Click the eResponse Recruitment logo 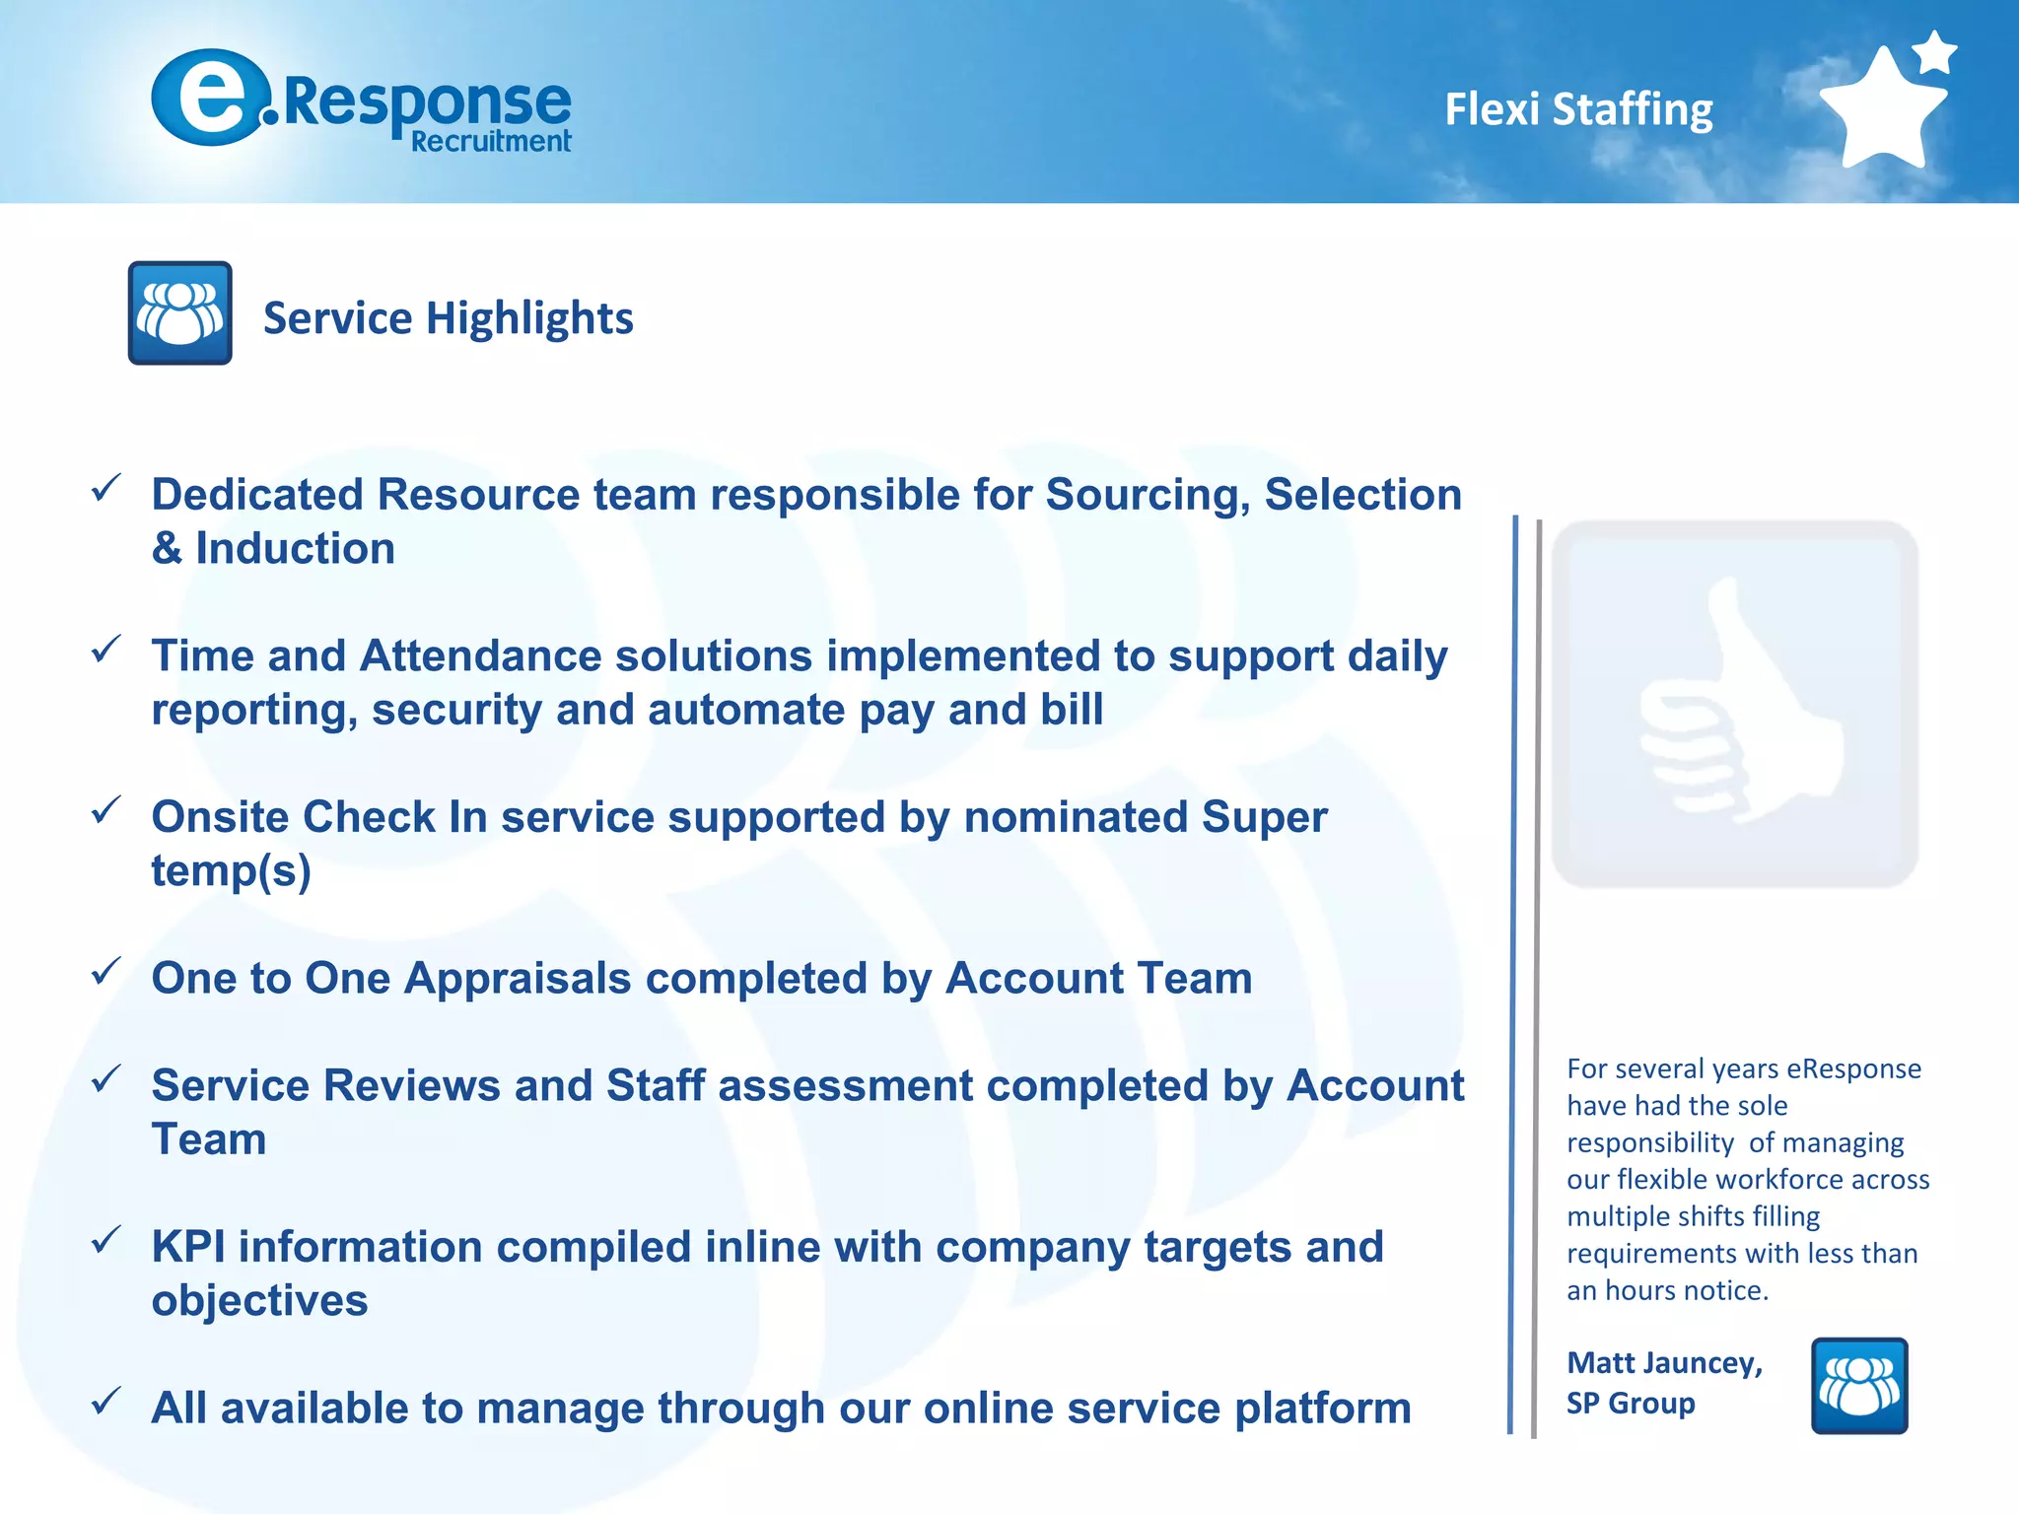tap(361, 101)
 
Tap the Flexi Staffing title tap(1578, 109)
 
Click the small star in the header tap(1935, 52)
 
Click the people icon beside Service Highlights tap(180, 313)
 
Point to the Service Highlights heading tap(448, 318)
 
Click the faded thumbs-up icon tap(1734, 704)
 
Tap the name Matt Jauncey tap(1664, 1362)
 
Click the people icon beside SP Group tap(1859, 1385)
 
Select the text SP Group tap(1631, 1403)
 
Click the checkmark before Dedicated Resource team tap(105, 488)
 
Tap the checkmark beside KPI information tap(105, 1240)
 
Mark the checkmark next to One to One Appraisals tap(105, 972)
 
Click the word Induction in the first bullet tap(295, 548)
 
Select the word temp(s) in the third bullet tap(231, 871)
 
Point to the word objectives tap(259, 1301)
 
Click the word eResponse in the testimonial tap(1853, 1068)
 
